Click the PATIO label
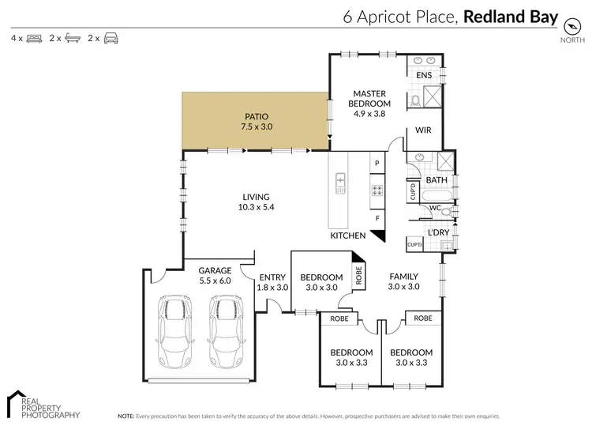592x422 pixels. pos(255,116)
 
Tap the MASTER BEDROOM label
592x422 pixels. pos(371,98)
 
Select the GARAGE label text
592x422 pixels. pos(215,270)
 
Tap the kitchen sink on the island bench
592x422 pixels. pos(340,183)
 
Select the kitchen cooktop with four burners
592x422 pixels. pos(377,190)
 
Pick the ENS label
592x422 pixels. pos(425,75)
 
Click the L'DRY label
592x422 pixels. pos(437,232)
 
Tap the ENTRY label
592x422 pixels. pos(272,277)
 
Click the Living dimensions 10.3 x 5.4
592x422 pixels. pos(257,208)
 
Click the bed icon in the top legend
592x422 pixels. pos(34,38)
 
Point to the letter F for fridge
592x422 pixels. pos(377,217)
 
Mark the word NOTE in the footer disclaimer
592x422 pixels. pos(126,415)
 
